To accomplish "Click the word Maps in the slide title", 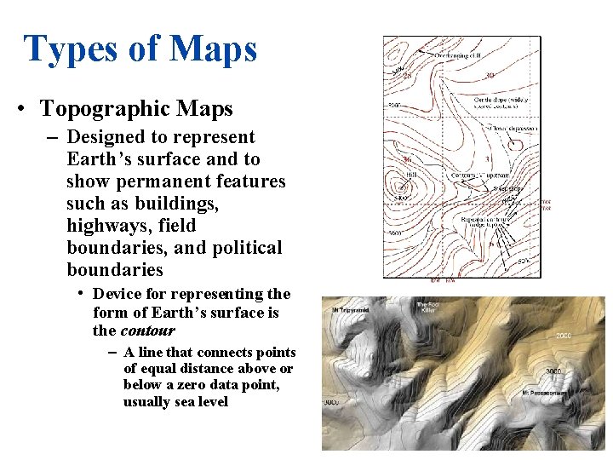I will click(x=213, y=49).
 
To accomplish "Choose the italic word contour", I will click(x=147, y=331).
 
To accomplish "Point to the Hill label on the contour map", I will click(x=411, y=175).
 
